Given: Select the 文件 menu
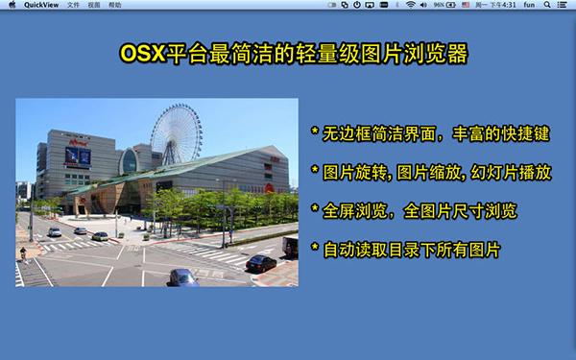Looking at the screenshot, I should [x=73, y=5].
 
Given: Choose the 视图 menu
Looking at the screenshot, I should [x=93, y=5].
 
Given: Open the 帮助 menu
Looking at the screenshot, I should [x=115, y=5].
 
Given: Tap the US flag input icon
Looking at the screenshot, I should [x=466, y=5].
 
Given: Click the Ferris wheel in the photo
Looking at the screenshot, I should [x=176, y=134].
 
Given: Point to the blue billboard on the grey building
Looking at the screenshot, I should [x=78, y=156].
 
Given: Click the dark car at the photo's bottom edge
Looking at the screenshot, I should [x=183, y=277].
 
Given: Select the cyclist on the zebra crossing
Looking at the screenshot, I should [x=23, y=253].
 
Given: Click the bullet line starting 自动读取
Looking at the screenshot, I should [x=409, y=250].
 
